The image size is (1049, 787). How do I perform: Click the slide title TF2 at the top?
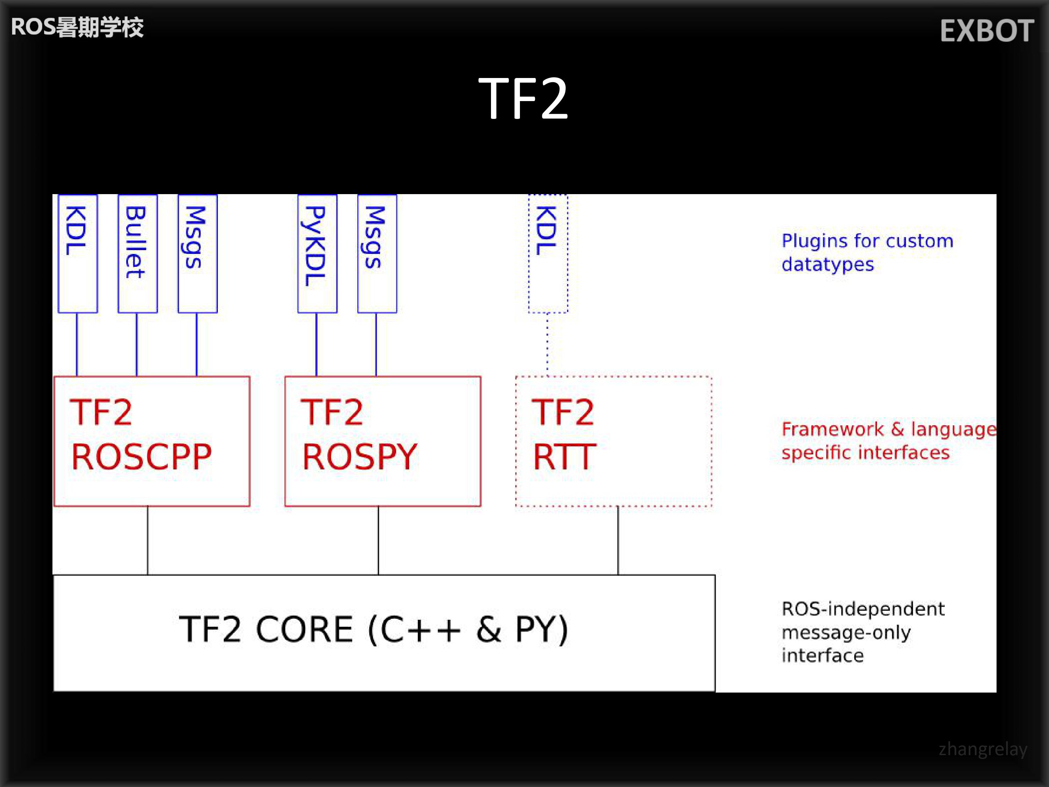[x=523, y=99]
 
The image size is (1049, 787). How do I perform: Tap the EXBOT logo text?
[x=986, y=31]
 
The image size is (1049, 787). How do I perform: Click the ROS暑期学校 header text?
[x=77, y=27]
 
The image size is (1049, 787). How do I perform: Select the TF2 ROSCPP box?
[x=152, y=441]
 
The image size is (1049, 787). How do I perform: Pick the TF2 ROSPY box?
[x=382, y=441]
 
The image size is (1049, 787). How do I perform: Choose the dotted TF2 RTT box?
[x=613, y=441]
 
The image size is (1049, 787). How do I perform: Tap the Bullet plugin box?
[x=137, y=253]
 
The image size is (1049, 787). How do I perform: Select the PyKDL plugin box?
[x=317, y=253]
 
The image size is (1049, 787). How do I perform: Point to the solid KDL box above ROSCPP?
[x=78, y=253]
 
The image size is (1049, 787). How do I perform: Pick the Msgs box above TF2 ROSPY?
[x=377, y=253]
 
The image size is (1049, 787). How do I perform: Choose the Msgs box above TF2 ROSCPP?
[x=197, y=253]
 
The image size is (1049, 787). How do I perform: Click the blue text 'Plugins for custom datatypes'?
[x=867, y=253]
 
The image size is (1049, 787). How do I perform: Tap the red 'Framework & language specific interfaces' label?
[x=888, y=441]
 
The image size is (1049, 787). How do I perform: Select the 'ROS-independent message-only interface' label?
[x=863, y=632]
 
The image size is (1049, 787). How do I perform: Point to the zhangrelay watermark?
[x=983, y=749]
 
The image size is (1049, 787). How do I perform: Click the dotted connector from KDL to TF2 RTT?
[x=547, y=345]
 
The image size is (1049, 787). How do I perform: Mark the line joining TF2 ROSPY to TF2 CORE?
[x=378, y=541]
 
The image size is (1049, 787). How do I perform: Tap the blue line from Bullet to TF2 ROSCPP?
[x=137, y=345]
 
